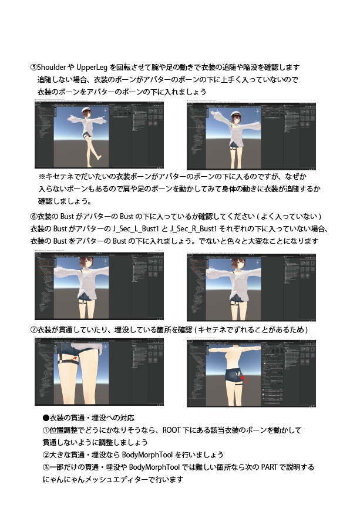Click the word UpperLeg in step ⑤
[x=93, y=67]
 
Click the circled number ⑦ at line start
[x=33, y=331]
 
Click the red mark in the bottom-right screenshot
[x=242, y=379]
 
